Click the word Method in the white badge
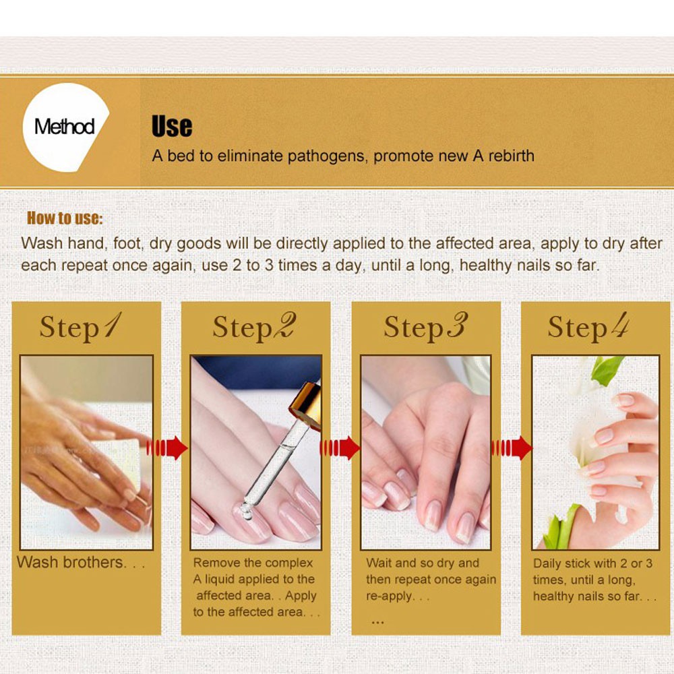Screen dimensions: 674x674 65,127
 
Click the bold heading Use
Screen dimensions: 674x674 172,127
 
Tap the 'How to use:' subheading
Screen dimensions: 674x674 65,218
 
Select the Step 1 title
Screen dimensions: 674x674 81,327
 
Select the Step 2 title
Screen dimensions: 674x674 255,327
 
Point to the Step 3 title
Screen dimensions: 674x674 425,327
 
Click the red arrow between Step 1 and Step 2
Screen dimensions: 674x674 167,448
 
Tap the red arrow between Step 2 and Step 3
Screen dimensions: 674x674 340,448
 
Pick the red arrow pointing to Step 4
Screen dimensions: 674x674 512,448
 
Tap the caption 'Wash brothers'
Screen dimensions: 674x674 71,562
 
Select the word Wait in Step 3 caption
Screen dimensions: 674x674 379,563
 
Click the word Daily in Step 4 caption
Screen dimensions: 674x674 547,563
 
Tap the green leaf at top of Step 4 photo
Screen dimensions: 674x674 607,369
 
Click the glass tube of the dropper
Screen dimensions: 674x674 272,464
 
